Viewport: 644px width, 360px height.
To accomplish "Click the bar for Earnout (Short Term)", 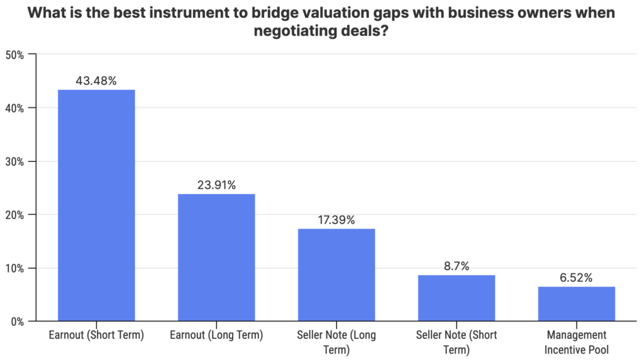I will pos(96,205).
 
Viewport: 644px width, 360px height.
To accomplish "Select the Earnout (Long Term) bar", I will pos(216,257).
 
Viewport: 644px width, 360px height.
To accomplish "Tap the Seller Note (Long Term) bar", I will pos(336,274).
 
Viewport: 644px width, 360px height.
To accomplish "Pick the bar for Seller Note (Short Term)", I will pos(457,298).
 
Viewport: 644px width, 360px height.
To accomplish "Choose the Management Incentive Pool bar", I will pos(577,303).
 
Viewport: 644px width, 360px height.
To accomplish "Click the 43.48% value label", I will pos(96,81).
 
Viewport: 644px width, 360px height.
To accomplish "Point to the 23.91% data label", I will pos(216,185).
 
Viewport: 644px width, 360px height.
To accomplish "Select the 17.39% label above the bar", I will pos(336,220).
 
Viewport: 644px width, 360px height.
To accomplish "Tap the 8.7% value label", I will pos(457,266).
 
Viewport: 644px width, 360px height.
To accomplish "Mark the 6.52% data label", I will pos(577,278).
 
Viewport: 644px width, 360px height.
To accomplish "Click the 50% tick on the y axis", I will pos(14,55).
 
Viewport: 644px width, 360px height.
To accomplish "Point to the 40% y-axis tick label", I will pos(14,108).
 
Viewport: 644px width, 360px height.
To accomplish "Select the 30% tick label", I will pos(14,162).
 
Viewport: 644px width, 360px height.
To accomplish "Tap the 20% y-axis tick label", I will pos(14,215).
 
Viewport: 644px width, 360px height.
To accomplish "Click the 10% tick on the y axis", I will pos(14,268).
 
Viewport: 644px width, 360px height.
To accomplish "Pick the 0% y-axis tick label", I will pos(17,322).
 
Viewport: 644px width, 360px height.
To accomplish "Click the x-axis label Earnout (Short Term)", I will pos(96,335).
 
